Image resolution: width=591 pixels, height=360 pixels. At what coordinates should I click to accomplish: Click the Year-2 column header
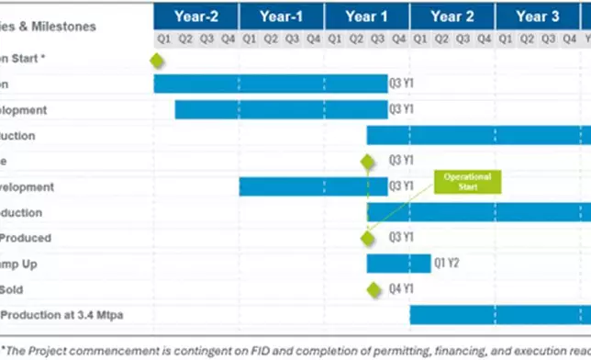coord(195,16)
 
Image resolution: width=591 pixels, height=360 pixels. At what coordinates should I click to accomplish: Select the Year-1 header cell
coord(281,16)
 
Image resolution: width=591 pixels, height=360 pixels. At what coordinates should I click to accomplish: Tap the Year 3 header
coord(537,16)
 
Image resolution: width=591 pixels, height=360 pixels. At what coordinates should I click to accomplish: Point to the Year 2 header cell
coord(452,16)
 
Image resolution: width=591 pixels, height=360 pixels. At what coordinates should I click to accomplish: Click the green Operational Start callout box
coord(467,181)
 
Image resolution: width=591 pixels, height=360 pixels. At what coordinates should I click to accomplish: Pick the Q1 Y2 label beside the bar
coord(447,264)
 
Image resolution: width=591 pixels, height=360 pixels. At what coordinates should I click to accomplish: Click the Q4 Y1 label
coord(402,289)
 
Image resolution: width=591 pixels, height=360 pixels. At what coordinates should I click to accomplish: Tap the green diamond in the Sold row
coord(374,289)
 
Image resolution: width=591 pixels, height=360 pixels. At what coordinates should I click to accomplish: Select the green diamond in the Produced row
coord(368,238)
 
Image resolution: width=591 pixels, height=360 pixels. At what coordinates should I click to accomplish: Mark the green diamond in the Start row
coord(157,60)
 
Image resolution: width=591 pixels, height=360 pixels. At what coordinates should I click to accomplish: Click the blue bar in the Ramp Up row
coord(398,264)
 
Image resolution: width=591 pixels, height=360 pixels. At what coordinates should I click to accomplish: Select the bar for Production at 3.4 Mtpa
coord(499,315)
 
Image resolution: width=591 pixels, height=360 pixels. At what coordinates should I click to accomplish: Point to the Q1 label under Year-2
coord(163,39)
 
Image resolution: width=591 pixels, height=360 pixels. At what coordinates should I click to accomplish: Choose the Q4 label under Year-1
coord(313,39)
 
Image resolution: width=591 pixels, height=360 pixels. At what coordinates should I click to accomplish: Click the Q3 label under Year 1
coord(377,39)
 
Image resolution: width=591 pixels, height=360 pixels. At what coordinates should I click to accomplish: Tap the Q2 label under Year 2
coord(440,39)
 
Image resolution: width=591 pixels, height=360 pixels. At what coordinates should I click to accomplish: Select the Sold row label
coord(12,289)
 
